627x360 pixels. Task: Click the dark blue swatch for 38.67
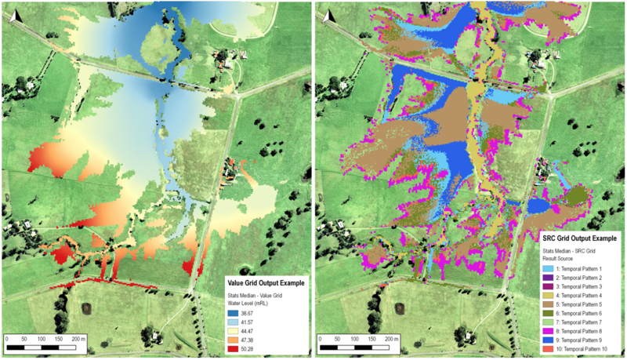pyautogui.click(x=224, y=313)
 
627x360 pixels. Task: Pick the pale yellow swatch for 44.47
pyautogui.click(x=224, y=332)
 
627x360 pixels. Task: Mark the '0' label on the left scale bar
pyautogui.click(x=8, y=337)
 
